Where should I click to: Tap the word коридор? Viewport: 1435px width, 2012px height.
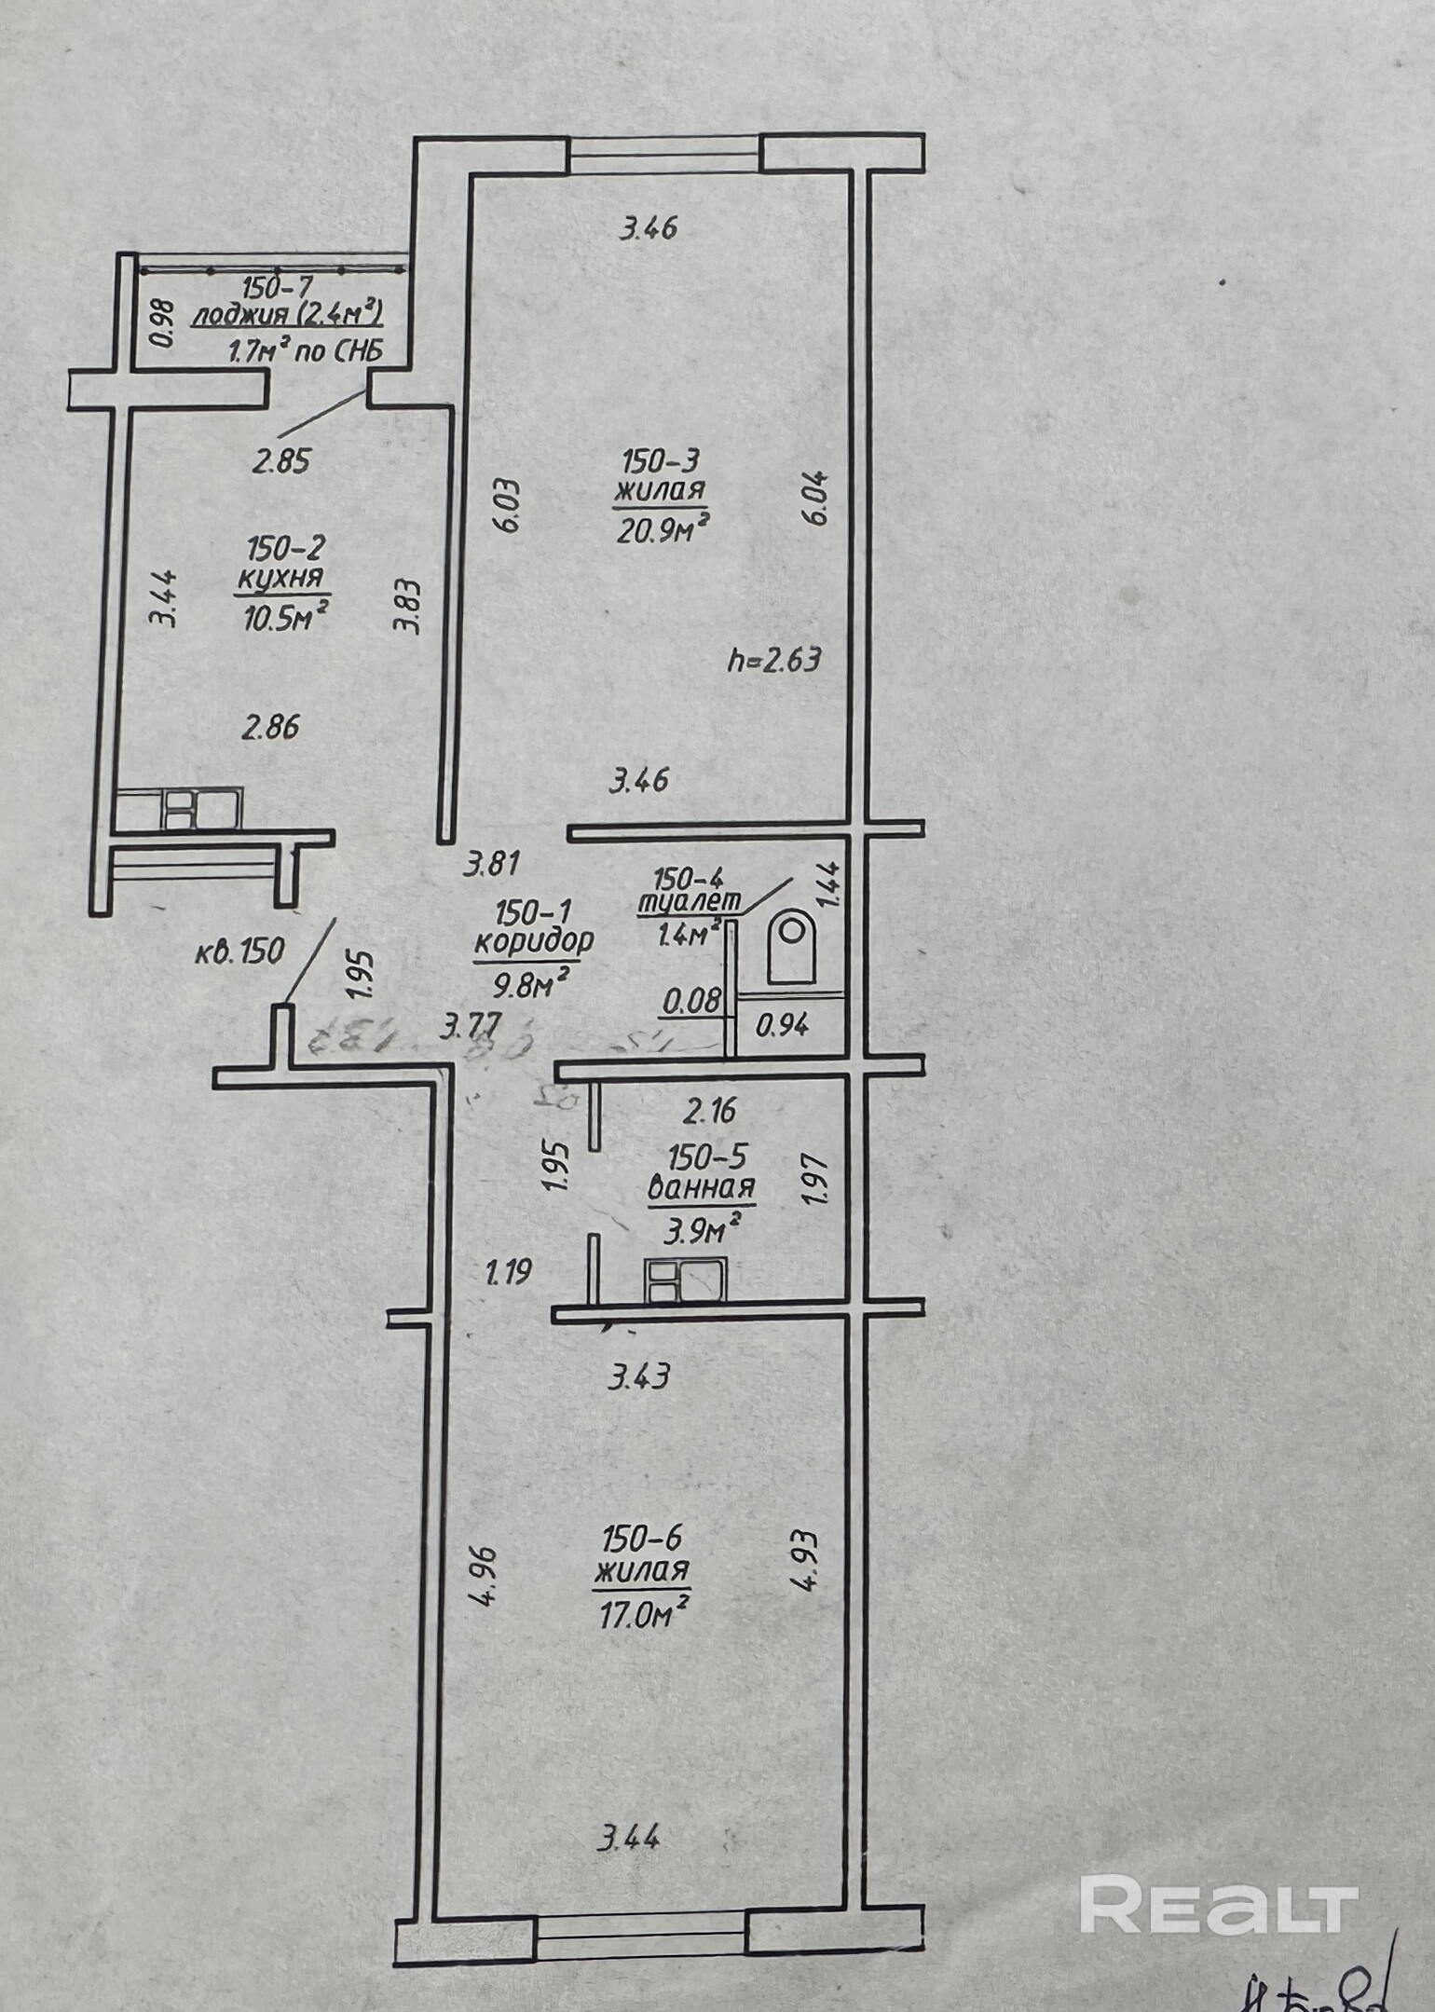coord(533,941)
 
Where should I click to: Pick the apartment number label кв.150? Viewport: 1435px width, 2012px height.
coord(239,952)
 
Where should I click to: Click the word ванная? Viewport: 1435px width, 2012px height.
coord(701,1189)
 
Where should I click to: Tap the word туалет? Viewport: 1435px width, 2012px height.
coord(690,902)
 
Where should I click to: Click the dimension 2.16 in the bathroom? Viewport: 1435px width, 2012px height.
coord(710,1109)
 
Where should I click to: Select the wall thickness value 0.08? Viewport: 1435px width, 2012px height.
coord(691,1001)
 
